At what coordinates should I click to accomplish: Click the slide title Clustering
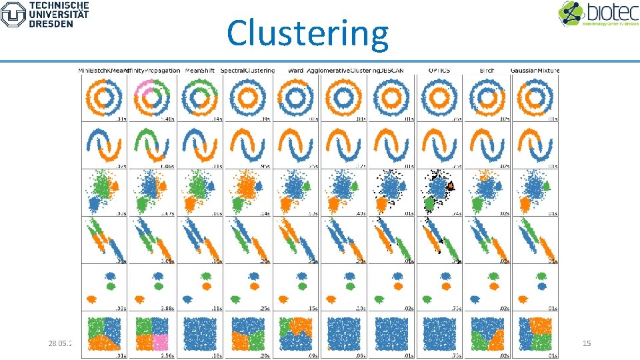[307, 33]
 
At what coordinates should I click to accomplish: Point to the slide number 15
[587, 343]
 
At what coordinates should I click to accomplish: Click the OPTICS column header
[439, 70]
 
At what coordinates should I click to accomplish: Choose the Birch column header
[487, 70]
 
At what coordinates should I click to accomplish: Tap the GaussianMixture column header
[535, 70]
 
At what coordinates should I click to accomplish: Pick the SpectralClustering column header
[247, 70]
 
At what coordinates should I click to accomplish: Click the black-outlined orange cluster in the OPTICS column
[451, 185]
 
